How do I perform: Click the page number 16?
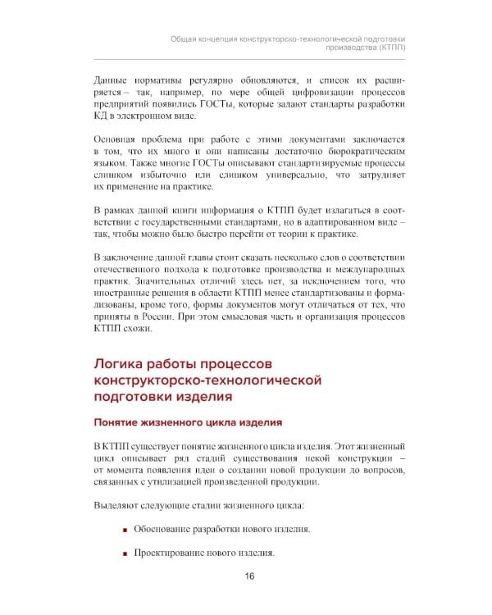tap(249, 576)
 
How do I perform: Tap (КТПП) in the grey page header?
tap(390, 48)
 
